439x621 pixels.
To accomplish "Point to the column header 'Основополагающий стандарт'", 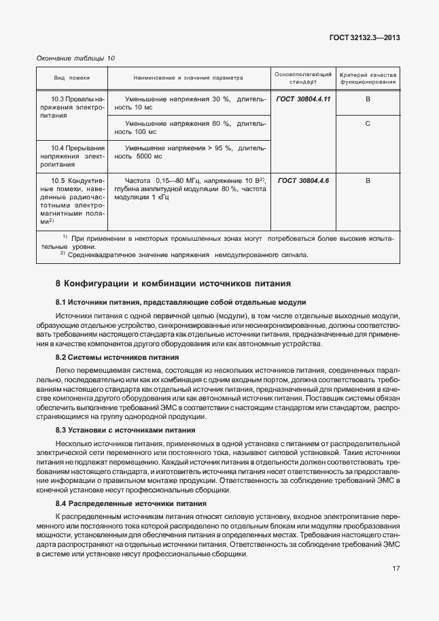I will coord(302,77).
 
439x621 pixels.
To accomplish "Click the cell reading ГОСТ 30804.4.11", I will coord(303,99).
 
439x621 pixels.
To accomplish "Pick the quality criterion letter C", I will coord(368,124).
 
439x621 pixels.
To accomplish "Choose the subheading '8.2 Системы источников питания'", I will coord(117,357).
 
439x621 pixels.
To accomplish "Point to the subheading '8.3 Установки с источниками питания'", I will coord(125,430).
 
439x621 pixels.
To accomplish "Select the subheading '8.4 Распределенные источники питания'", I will coord(130,504).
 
